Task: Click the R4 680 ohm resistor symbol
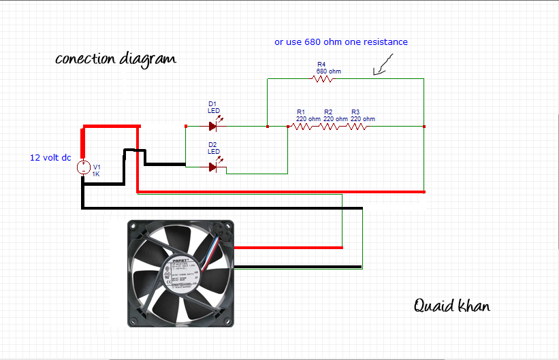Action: coord(322,79)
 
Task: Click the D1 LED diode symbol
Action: coord(214,126)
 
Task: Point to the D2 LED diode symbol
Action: coord(214,166)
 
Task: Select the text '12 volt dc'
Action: coord(50,157)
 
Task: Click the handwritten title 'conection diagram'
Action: coord(115,59)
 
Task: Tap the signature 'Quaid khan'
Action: coord(451,306)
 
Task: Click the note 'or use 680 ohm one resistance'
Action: coord(341,42)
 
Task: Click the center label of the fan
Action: coord(180,272)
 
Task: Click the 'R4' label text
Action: coord(321,64)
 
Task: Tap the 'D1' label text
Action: coord(212,103)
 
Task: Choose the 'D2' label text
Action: coord(212,144)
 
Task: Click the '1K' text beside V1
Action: coord(96,174)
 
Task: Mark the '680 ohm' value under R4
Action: coord(329,71)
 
